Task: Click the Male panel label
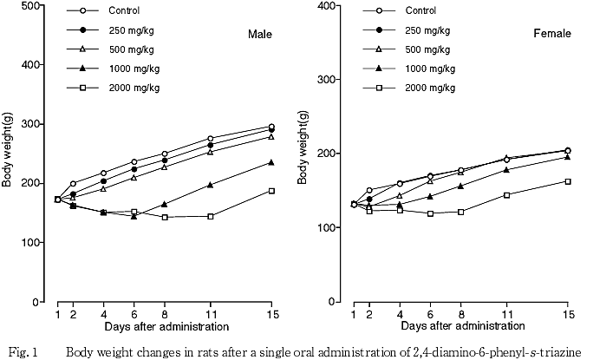[x=259, y=35]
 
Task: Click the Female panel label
[x=551, y=34]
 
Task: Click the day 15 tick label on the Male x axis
[x=270, y=313]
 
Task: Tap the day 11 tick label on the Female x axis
[x=506, y=313]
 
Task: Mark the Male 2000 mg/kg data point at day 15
[x=271, y=191]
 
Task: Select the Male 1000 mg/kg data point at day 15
[x=271, y=162]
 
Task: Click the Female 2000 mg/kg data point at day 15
[x=568, y=181]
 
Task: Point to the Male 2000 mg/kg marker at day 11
[x=234, y=216]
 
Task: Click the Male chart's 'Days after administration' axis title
[x=166, y=327]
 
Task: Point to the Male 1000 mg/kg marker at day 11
[x=234, y=185]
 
